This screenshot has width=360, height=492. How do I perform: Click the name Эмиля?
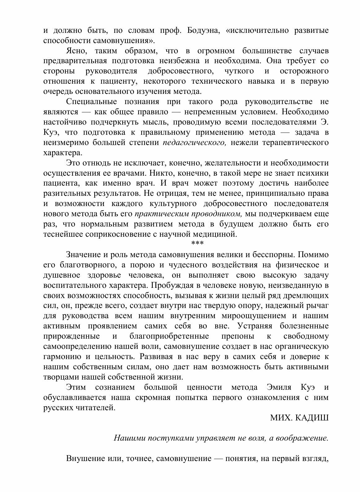click(x=276, y=388)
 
